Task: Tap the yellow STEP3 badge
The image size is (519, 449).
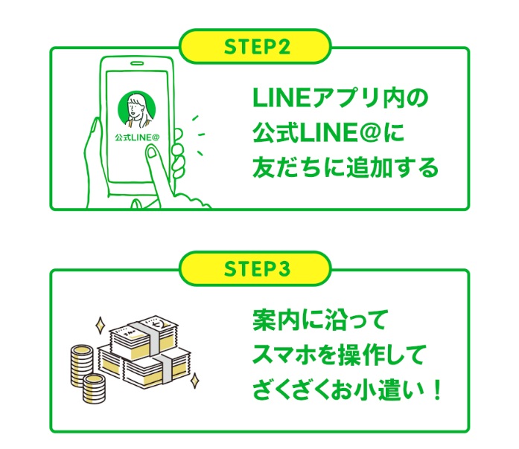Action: [256, 268]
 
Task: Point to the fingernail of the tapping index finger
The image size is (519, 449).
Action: [151, 153]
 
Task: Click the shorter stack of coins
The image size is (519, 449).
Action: [96, 387]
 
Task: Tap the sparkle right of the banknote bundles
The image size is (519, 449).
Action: [195, 380]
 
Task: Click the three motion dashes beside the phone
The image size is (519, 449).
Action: [196, 135]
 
